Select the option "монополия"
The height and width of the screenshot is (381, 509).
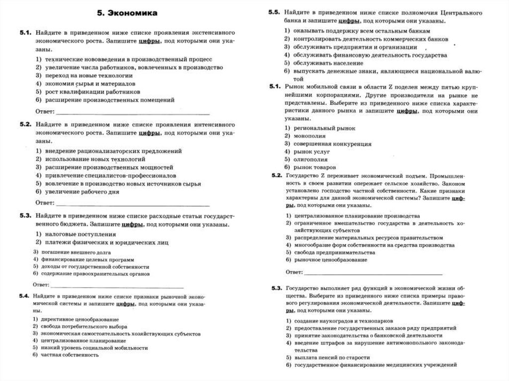point(310,136)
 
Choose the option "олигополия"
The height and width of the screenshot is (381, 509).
point(311,159)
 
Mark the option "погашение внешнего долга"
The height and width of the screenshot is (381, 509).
point(71,252)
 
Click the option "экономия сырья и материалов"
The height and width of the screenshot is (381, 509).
point(89,84)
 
